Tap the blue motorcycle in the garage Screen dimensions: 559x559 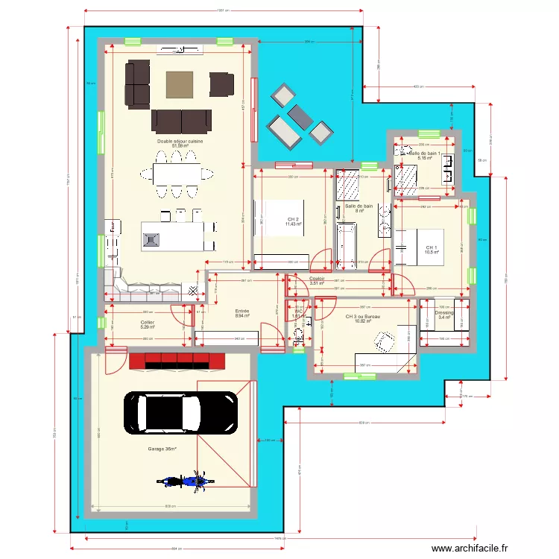click(182, 480)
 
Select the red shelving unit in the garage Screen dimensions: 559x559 click(177, 361)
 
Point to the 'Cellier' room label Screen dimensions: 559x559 click(147, 322)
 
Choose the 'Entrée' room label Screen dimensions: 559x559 click(242, 312)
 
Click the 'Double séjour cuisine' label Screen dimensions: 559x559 click(180, 141)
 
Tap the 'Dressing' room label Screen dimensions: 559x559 click(444, 313)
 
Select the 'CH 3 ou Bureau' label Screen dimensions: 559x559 click(363, 317)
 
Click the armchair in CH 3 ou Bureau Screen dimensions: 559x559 click(383, 341)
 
